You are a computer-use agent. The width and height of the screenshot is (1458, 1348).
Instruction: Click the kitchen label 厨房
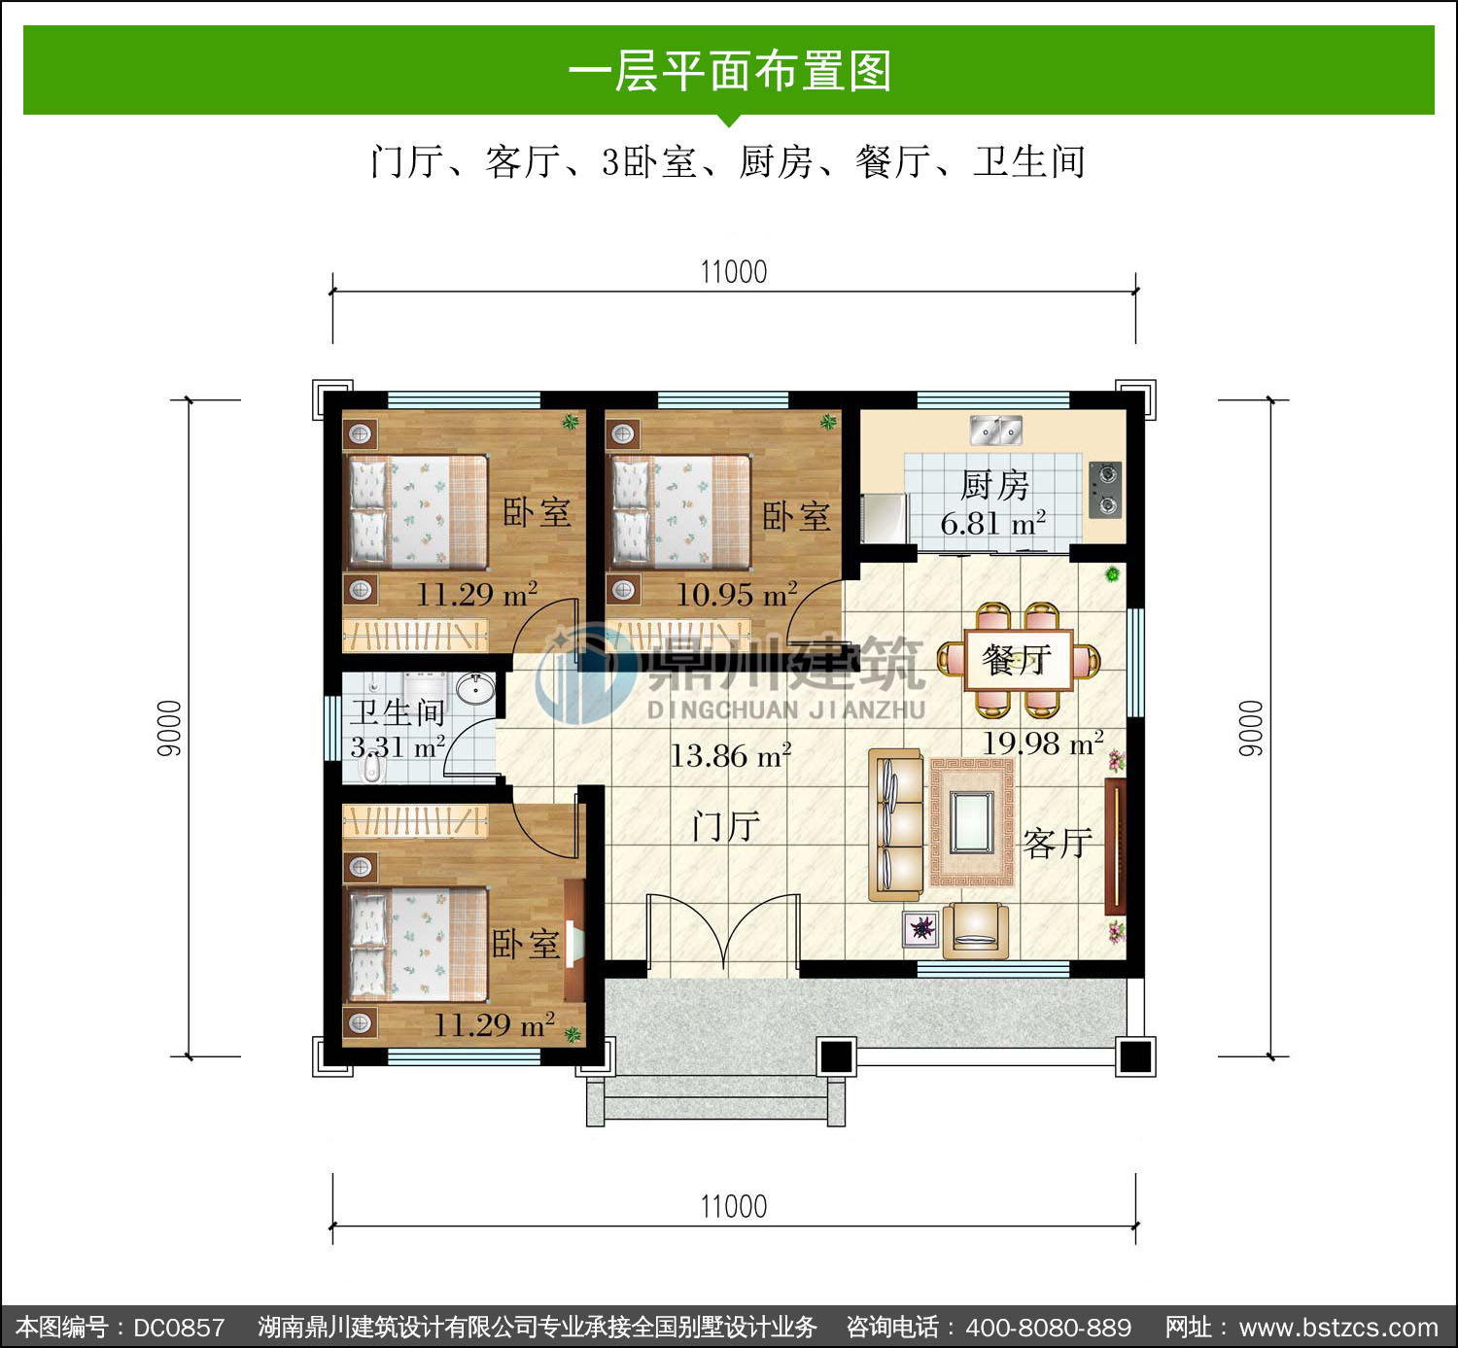994,485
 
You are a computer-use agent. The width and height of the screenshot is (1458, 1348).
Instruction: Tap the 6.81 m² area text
993,524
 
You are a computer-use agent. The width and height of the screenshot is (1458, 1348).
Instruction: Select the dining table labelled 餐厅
1019,659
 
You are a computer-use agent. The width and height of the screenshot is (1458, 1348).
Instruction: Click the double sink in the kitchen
995,431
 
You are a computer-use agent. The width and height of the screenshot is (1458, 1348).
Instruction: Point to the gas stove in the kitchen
1105,489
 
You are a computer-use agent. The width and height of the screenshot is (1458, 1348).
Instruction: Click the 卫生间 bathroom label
398,712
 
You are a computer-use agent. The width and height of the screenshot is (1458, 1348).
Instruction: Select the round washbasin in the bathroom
475,689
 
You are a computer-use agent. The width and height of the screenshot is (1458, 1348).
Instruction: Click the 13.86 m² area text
731,755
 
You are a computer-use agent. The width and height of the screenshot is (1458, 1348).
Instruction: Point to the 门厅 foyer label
726,827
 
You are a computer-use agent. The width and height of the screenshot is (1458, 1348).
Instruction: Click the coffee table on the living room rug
972,821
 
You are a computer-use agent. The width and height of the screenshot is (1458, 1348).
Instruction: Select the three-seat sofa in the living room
895,824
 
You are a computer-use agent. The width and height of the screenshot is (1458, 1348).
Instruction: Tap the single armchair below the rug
975,930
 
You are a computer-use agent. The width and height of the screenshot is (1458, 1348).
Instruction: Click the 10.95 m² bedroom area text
737,594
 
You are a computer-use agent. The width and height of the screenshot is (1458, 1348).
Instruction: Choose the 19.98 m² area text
1043,743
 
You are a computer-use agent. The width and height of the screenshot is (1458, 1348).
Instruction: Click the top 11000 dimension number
734,272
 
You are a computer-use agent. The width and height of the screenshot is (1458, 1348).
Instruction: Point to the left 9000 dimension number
169,728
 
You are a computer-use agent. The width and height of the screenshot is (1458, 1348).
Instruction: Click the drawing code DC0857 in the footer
179,1327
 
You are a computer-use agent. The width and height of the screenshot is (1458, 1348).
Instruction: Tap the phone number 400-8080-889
1049,1327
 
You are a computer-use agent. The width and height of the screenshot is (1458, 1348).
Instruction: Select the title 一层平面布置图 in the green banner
730,71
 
